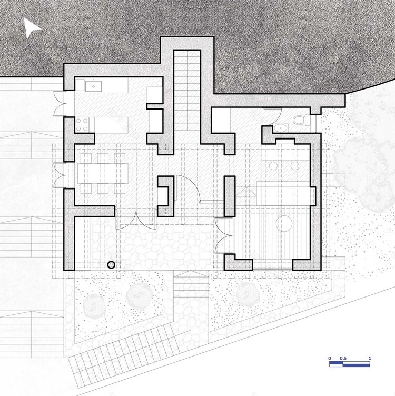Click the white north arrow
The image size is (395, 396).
click(x=32, y=28)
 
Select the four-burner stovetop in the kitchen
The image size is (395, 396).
click(x=83, y=124)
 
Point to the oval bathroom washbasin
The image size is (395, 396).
click(x=281, y=127)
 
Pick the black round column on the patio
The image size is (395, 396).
click(x=111, y=265)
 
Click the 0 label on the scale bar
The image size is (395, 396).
click(x=330, y=359)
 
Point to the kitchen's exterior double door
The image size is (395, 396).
click(x=60, y=103)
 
